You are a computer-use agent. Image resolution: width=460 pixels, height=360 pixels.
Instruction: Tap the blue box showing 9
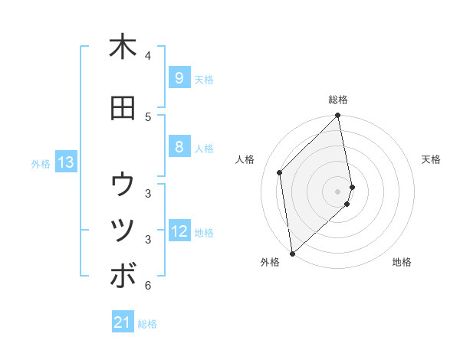(x=179, y=78)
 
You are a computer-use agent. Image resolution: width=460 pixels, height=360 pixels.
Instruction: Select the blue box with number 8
(x=179, y=147)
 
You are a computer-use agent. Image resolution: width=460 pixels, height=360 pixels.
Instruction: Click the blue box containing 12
(x=179, y=232)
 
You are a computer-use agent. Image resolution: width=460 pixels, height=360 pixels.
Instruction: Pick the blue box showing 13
(x=66, y=162)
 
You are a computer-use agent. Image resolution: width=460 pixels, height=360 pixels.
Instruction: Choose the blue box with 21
(x=123, y=323)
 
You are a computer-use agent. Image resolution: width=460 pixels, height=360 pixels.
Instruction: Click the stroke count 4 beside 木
(x=148, y=56)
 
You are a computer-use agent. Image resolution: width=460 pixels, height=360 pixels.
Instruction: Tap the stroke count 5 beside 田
(x=148, y=117)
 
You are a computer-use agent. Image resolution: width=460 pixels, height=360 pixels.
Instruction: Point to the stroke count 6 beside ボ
(x=148, y=286)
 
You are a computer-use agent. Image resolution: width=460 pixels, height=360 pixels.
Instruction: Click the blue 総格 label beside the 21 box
(x=147, y=324)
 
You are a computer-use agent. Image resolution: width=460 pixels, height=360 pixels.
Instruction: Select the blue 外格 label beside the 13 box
(x=40, y=163)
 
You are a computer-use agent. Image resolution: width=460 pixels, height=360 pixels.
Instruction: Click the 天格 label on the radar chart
(x=431, y=159)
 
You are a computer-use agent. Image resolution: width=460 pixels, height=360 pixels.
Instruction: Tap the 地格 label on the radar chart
(x=402, y=262)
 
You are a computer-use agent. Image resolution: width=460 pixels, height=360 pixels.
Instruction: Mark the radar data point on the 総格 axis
(x=338, y=116)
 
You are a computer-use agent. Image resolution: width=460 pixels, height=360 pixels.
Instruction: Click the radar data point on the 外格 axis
(x=292, y=253)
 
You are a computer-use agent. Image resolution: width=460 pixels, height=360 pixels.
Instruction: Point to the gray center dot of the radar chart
(x=338, y=191)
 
